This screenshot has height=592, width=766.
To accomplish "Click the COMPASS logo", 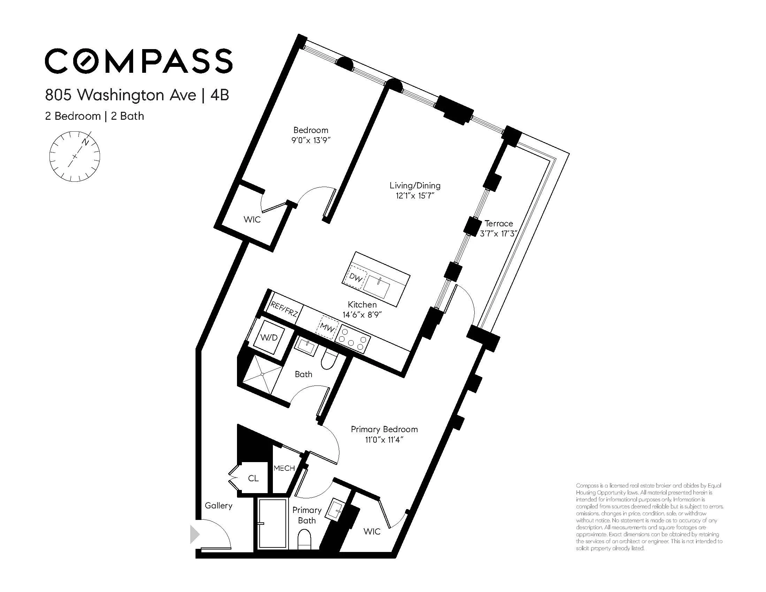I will (139, 61).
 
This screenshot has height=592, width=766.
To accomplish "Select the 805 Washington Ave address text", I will (121, 95).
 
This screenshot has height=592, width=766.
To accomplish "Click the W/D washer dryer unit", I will (269, 337).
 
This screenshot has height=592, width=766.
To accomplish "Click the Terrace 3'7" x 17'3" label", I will (498, 228).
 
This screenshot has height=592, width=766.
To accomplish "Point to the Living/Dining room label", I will (415, 185).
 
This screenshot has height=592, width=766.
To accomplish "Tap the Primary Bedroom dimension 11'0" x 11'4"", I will (384, 439).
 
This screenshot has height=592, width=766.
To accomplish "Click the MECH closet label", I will (284, 468).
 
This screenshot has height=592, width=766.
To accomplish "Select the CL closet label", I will (253, 478).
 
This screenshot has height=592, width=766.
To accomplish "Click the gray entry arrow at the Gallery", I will (194, 534).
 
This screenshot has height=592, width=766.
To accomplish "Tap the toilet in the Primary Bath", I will (304, 540).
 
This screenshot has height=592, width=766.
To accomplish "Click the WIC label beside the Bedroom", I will (252, 220).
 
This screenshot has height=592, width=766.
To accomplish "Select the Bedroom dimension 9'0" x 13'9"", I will (311, 140).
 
